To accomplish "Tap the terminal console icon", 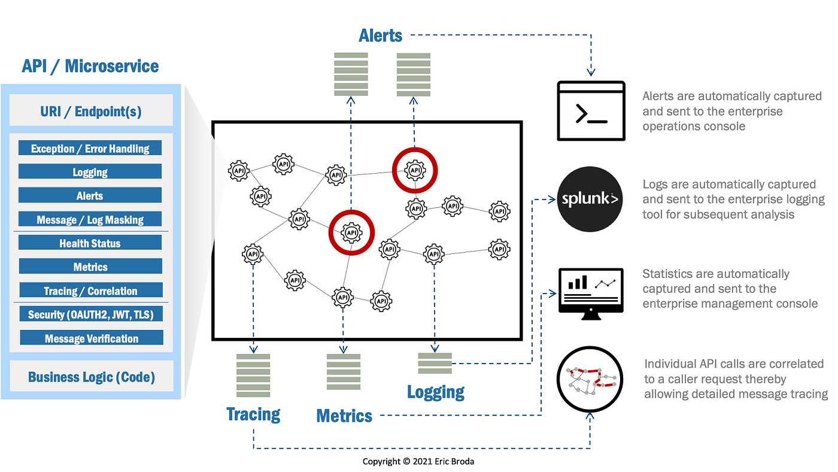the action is (x=591, y=111).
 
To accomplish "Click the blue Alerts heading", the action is (x=381, y=36).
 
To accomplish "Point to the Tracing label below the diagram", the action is (x=253, y=414).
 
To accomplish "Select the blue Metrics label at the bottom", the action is (x=344, y=416).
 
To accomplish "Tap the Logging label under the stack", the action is (x=436, y=392).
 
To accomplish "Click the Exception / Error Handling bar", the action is (x=90, y=149).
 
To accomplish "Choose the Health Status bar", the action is (x=90, y=243).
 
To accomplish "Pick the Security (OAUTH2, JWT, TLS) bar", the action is (x=90, y=314).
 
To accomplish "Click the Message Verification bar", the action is (x=91, y=338).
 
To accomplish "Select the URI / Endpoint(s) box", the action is (x=91, y=111).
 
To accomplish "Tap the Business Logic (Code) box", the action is (x=91, y=377).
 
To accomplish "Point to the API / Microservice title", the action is (x=90, y=66).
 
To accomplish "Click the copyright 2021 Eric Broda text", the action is (x=418, y=462).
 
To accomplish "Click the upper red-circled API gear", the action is (x=415, y=170).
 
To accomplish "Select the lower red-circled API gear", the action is (x=351, y=232).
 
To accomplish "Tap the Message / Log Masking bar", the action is (x=90, y=220).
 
